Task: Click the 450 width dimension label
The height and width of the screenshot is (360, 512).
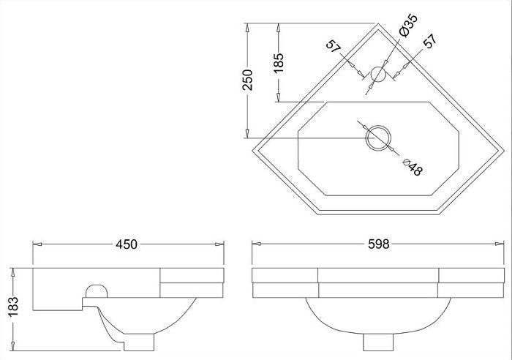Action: (x=127, y=244)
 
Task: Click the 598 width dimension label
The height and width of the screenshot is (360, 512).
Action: (x=379, y=244)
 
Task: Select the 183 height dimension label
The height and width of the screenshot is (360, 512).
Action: (x=13, y=307)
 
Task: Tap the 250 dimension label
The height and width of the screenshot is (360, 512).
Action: (x=247, y=80)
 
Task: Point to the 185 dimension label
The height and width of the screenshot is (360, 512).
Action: (x=279, y=63)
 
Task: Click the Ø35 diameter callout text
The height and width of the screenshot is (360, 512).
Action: (x=408, y=25)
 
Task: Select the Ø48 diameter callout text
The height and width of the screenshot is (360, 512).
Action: (x=413, y=167)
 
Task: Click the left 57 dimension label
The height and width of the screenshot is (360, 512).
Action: (x=334, y=46)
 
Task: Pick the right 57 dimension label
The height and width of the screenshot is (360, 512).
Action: (x=430, y=41)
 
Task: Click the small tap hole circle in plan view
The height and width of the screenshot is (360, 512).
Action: (x=378, y=74)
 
